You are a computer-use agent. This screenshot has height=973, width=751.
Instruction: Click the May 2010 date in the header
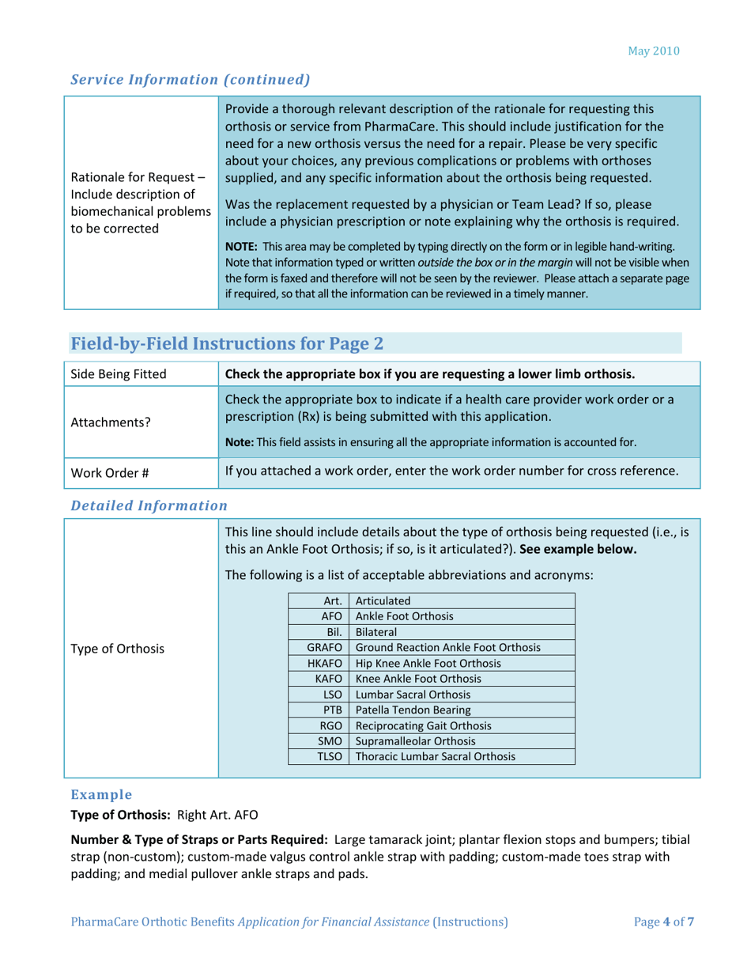654,51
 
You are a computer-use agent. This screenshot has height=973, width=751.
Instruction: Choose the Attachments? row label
101,423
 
